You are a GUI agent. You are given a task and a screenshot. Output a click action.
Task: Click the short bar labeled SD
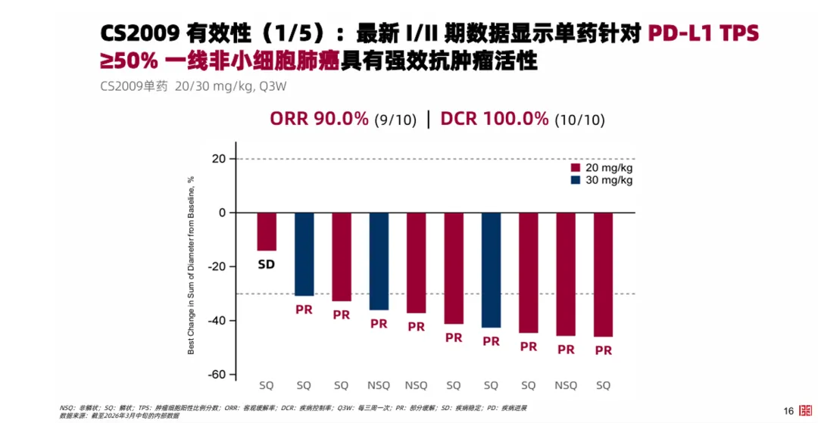[266, 231]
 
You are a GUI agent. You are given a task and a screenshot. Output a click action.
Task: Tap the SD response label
[266, 265]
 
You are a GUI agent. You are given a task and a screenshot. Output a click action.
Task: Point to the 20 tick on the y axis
[219, 159]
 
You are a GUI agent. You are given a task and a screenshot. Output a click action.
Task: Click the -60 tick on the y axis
[217, 375]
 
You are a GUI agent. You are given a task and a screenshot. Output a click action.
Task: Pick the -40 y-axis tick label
[217, 321]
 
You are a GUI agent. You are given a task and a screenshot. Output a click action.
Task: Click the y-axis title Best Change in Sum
[192, 265]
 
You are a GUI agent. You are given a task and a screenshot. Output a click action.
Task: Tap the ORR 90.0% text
[319, 119]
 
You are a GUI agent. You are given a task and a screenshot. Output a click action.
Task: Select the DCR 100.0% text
[494, 119]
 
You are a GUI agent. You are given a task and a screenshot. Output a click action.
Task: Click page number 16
[788, 411]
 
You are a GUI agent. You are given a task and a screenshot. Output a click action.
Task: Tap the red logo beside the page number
[806, 410]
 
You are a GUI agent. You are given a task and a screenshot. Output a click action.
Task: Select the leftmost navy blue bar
[304, 253]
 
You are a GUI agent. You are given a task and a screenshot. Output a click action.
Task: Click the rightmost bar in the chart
[603, 274]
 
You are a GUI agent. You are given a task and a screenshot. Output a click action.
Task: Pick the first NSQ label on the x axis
[379, 385]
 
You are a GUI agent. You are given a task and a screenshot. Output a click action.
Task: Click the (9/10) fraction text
[395, 120]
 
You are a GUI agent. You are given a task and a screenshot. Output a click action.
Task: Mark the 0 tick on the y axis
[222, 213]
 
